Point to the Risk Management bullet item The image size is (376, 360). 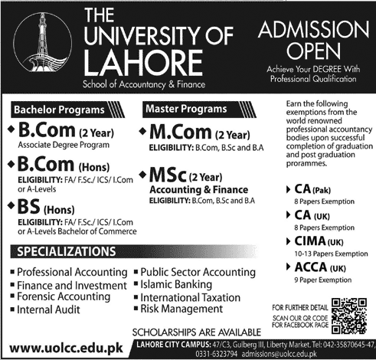pyautogui.click(x=182, y=308)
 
